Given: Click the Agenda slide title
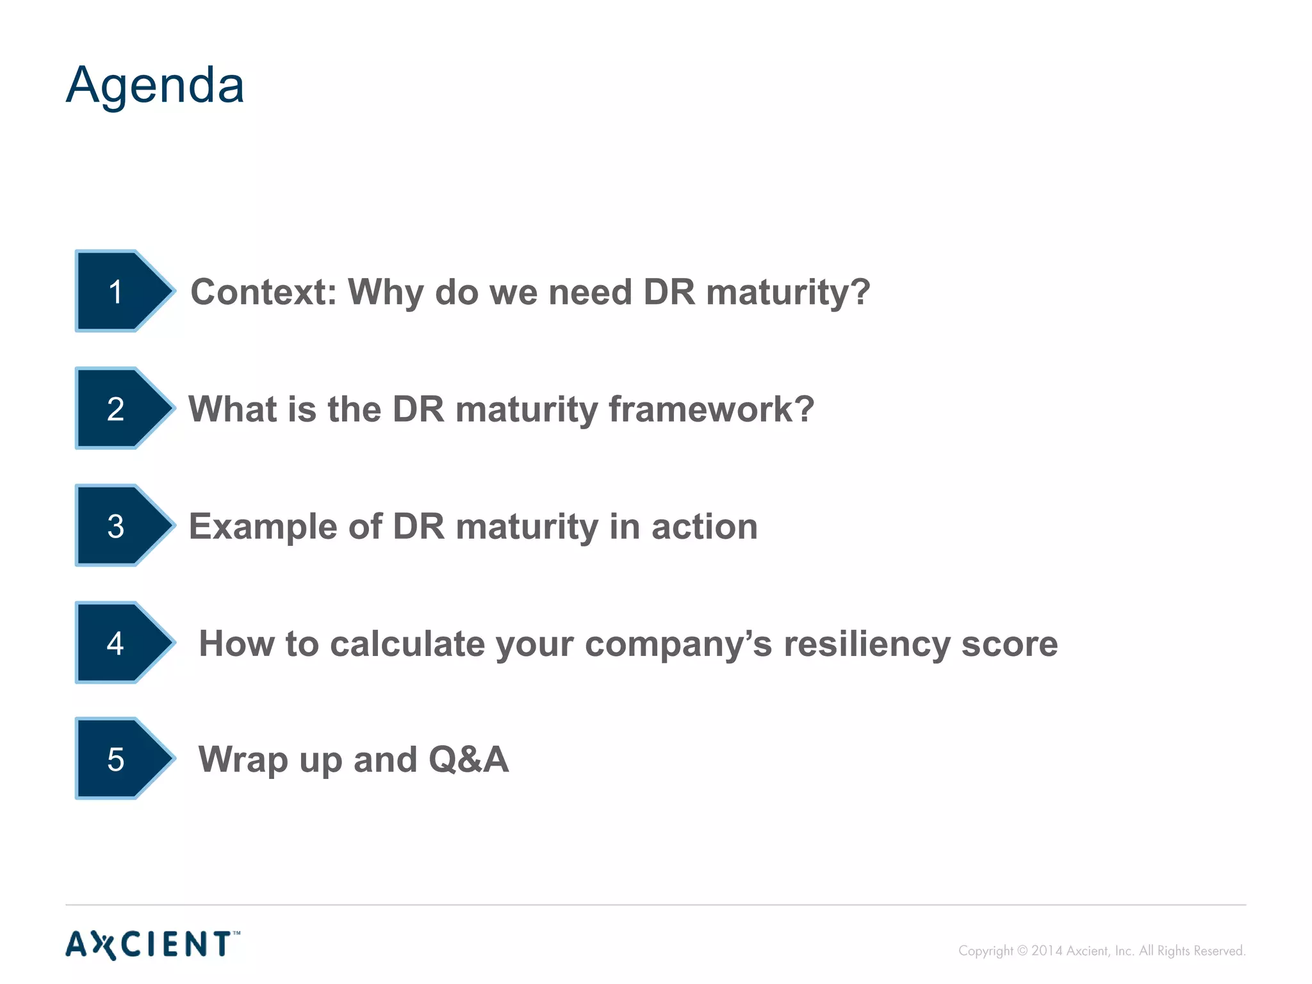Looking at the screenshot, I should coord(155,85).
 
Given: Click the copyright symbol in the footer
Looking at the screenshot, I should coord(1022,951).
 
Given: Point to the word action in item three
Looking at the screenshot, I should coord(704,527).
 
